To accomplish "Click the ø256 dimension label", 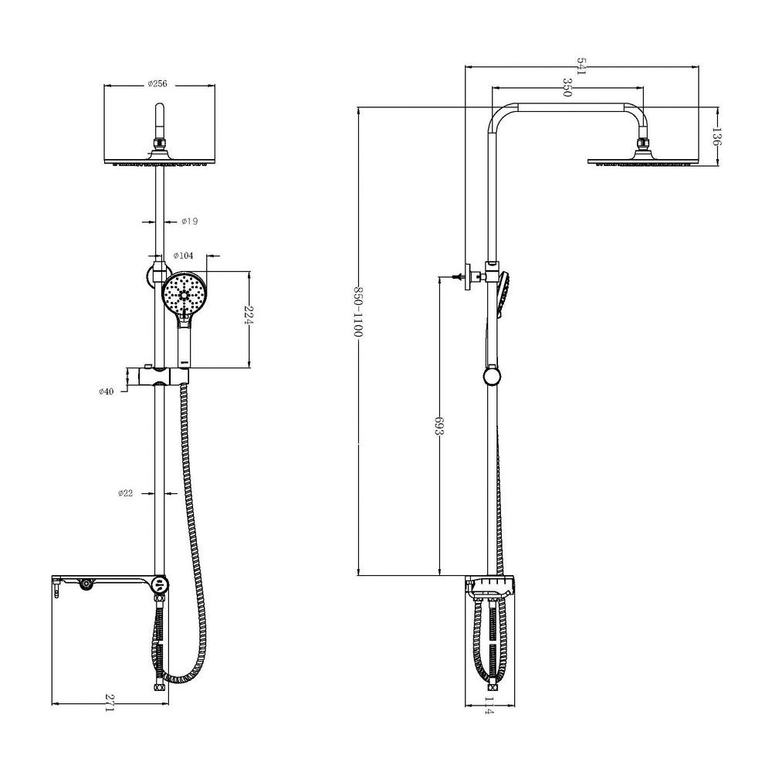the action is click(x=157, y=83).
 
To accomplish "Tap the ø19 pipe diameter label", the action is click(x=190, y=222).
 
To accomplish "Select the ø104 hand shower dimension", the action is click(x=184, y=256).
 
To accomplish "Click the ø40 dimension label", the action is click(x=106, y=391).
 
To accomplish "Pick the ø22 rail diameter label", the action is click(x=126, y=493).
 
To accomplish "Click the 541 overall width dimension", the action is click(x=582, y=66).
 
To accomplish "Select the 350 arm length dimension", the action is click(x=567, y=87).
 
